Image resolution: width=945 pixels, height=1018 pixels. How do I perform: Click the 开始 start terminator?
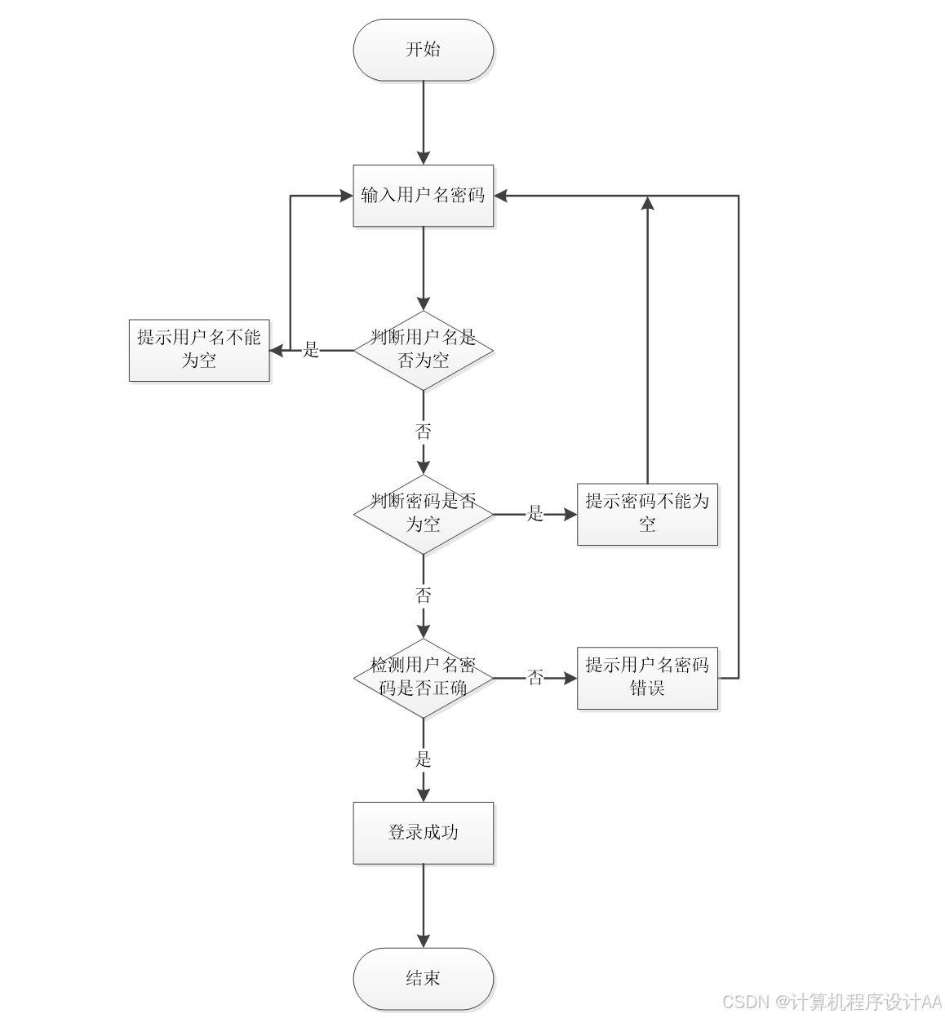coord(423,50)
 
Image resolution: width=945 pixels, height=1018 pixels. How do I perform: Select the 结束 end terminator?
coord(423,978)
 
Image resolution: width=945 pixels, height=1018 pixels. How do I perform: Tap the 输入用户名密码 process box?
coord(423,196)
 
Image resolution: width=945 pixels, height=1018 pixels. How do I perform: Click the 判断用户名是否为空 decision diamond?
coord(423,350)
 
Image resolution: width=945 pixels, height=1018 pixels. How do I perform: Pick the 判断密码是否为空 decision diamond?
coord(423,514)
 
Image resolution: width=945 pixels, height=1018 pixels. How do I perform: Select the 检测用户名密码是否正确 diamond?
coord(423,678)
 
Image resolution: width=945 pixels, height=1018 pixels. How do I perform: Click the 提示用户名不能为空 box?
coord(199,350)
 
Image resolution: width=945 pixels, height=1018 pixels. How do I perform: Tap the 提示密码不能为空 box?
coord(647,514)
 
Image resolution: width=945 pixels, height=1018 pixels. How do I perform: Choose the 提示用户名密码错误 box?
coord(647,678)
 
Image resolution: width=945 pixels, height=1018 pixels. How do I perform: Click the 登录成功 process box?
coord(423,833)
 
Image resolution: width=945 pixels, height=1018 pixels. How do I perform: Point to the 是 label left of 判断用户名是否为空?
coord(311,351)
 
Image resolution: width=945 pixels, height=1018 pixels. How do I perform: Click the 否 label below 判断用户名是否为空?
coord(423,432)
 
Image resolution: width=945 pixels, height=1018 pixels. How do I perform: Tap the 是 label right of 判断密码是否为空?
coord(535,514)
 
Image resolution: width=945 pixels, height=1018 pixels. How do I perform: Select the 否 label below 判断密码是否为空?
coord(423,595)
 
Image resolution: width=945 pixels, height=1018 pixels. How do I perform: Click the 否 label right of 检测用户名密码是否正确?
coord(535,678)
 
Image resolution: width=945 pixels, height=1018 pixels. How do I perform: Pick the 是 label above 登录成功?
coord(423,759)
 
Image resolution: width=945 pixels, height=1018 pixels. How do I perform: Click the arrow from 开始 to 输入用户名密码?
coord(423,122)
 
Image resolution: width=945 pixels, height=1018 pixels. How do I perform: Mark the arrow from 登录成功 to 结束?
coord(423,905)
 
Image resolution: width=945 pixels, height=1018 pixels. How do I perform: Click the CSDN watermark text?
coord(832,1001)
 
